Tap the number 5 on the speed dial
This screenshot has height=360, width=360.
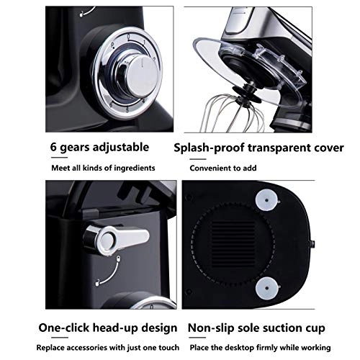(127, 110)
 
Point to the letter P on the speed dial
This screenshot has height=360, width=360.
(112, 45)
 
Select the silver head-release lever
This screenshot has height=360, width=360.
(116, 240)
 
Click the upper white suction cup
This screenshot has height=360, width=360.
(266, 200)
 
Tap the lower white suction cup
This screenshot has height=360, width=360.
(267, 288)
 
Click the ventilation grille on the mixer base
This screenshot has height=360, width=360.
(233, 244)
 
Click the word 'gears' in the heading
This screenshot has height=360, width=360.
(75, 148)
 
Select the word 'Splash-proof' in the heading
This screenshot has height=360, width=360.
(209, 148)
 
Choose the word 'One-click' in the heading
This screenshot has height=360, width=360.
(63, 328)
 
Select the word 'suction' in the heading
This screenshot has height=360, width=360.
(282, 328)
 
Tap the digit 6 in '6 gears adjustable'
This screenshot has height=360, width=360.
(53, 147)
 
